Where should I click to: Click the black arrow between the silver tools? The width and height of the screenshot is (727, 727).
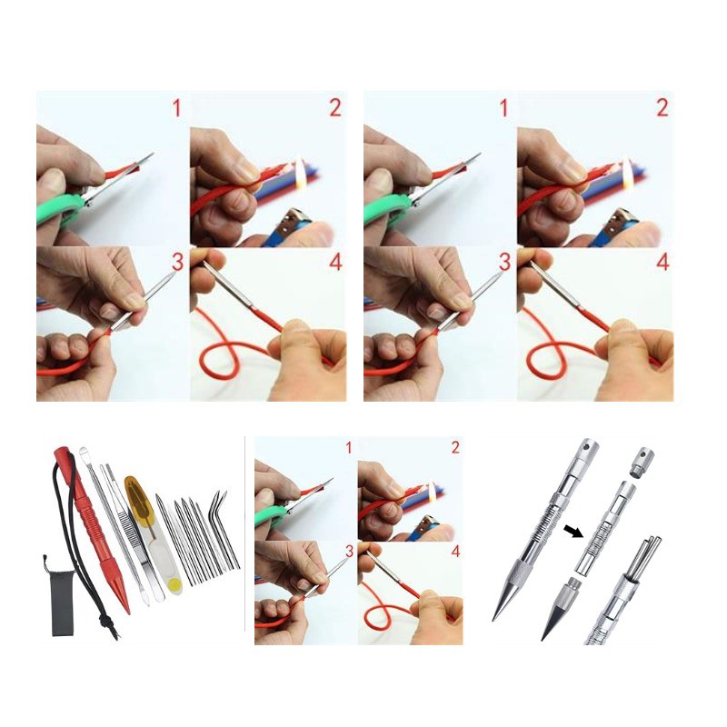click(573, 531)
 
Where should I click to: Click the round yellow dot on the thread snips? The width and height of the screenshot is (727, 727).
click(174, 586)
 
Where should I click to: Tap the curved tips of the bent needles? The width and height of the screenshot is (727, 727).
click(219, 499)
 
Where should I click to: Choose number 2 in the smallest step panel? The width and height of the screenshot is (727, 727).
click(455, 447)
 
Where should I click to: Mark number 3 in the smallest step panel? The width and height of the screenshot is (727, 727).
click(349, 551)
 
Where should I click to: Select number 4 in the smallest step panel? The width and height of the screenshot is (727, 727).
click(456, 552)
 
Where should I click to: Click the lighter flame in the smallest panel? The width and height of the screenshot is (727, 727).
click(433, 491)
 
